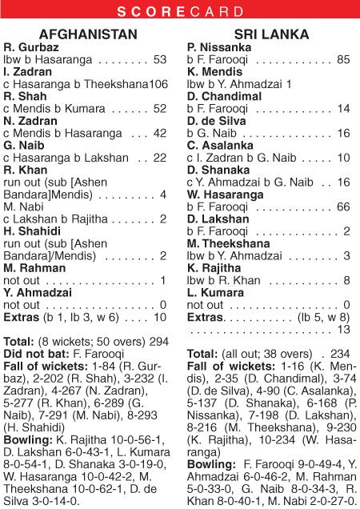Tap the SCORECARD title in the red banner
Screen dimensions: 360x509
click(179, 11)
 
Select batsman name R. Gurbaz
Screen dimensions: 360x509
click(31, 47)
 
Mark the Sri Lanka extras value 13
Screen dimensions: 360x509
click(344, 329)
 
